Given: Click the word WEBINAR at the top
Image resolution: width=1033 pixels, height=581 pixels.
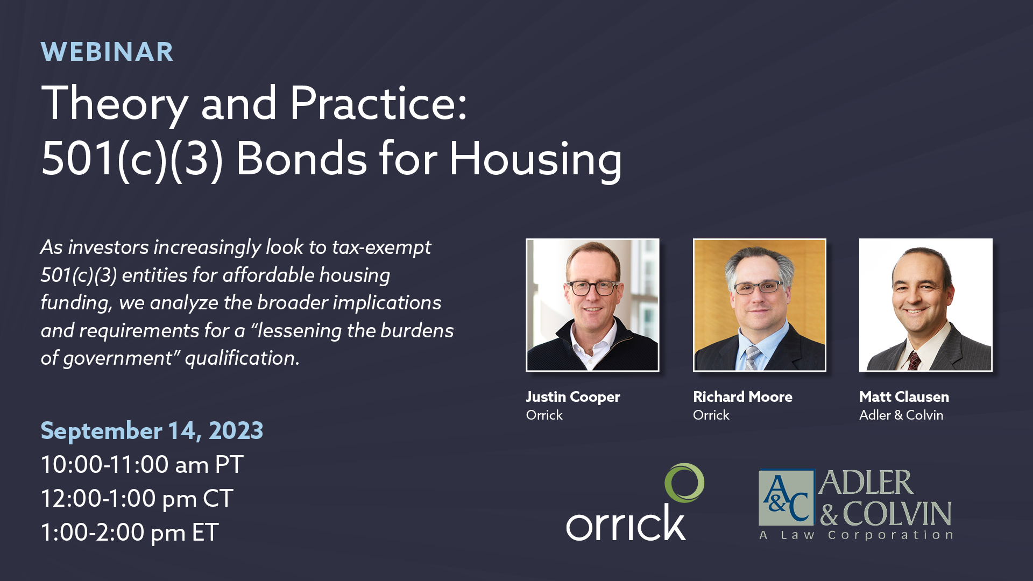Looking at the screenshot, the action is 107,52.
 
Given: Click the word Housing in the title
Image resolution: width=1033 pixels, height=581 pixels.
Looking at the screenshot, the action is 536,160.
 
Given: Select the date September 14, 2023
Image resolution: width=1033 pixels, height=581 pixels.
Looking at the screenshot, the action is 152,430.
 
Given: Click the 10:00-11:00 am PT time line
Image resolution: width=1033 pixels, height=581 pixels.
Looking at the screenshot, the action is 142,464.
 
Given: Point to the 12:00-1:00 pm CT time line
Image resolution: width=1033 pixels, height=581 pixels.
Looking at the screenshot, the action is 137,499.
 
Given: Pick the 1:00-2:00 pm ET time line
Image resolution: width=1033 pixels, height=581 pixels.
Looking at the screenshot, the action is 130,533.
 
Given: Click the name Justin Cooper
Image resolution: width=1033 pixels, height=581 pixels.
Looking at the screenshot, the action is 573,397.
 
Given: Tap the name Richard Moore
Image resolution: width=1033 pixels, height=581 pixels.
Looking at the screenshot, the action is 742,397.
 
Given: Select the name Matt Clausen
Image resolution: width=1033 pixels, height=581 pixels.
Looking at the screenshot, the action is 904,397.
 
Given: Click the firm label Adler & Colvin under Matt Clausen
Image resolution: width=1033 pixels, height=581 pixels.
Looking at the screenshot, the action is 901,415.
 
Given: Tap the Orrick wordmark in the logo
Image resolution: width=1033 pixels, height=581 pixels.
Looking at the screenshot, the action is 626,523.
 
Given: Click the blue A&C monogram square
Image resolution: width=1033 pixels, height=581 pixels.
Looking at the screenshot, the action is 786,497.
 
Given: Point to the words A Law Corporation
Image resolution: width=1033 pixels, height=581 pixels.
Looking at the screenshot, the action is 855,535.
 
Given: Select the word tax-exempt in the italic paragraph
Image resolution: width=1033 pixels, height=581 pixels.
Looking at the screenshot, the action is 381,247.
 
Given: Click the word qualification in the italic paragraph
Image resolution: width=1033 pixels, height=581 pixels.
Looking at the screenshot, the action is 242,358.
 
